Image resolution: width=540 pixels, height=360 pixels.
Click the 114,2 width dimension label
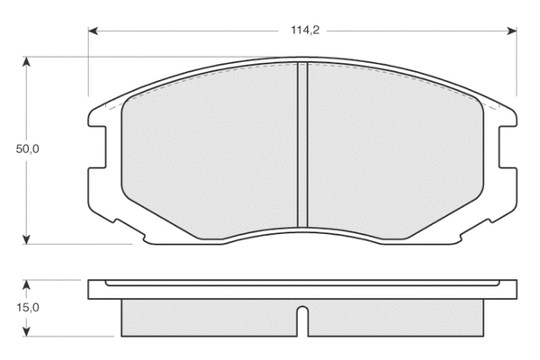[305, 31]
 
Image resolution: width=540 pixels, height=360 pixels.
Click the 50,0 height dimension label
[28, 149]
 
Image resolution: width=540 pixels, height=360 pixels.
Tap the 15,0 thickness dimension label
[28, 307]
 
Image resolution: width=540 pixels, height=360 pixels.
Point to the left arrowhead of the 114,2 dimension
[93, 31]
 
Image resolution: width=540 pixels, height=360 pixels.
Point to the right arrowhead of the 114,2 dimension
[512, 31]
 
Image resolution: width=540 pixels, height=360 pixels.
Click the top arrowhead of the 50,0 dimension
[26, 62]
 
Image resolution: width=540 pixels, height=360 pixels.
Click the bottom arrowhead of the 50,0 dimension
[26, 239]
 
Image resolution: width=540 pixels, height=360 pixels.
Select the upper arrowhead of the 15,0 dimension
[26, 284]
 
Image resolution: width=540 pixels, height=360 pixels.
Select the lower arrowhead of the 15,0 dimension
[26, 331]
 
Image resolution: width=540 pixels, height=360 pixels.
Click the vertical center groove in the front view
[302, 145]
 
